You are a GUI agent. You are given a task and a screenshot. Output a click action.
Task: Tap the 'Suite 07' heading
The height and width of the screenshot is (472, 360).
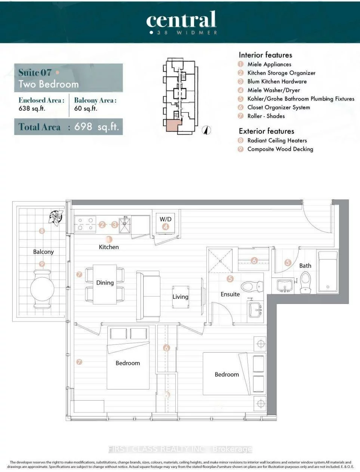[35, 72]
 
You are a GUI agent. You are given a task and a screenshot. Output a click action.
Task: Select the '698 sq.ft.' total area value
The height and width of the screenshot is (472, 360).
[96, 127]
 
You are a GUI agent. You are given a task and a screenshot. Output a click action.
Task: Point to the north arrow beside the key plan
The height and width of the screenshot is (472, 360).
[205, 130]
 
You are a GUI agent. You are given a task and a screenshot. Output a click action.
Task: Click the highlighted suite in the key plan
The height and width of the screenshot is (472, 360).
[172, 126]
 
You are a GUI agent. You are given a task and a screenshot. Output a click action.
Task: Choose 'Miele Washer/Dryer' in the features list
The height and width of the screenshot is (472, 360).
[273, 90]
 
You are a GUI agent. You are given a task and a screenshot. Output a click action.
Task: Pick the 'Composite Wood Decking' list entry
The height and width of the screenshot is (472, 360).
[280, 149]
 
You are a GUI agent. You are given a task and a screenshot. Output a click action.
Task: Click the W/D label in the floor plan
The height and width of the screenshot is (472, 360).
[165, 219]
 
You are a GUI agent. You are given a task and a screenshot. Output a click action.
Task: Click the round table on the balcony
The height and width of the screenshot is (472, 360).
[42, 288]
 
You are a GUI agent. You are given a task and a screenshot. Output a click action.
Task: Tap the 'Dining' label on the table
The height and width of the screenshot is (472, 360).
[105, 283]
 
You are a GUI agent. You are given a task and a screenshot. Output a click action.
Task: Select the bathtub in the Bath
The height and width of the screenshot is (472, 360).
[327, 272]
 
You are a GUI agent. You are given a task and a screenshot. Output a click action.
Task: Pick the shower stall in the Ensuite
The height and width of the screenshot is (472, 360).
[222, 260]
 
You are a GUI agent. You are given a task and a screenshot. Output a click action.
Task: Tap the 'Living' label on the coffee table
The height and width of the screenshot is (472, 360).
[180, 297]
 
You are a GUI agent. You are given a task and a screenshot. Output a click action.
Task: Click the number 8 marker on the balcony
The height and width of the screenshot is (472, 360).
[42, 231]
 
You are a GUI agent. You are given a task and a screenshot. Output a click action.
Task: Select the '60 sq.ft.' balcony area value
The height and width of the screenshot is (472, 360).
[86, 108]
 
